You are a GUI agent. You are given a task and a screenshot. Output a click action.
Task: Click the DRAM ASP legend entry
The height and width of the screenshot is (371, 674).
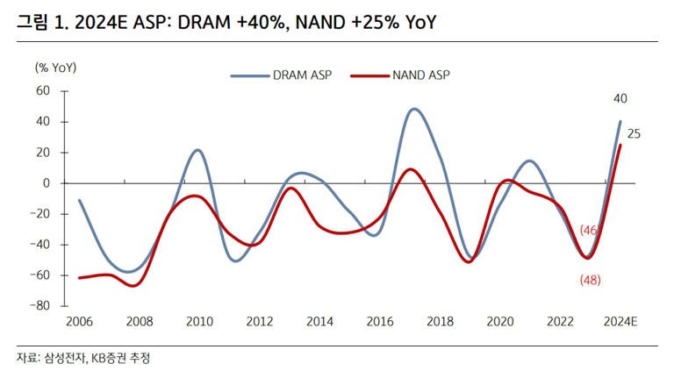281,76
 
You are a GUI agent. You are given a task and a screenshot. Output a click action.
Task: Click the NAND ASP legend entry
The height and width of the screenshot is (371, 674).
399,76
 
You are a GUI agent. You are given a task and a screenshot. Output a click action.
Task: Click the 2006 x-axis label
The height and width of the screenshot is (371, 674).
79,322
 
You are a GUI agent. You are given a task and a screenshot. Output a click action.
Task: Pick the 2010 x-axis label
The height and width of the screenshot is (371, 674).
199,322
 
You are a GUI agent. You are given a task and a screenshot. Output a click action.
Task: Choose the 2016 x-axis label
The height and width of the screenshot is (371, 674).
379,322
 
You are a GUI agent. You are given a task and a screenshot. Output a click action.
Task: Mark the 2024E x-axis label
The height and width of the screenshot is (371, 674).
620,322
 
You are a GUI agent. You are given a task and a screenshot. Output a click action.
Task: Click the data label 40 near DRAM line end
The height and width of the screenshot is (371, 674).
620,98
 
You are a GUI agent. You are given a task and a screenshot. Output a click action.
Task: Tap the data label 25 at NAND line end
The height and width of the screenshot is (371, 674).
634,134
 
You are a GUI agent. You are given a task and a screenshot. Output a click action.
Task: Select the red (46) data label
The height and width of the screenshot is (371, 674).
590,230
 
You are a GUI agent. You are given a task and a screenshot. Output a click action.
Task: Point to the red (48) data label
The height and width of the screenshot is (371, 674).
590,280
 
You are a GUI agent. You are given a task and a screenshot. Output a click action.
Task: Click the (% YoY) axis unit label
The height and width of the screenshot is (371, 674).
54,67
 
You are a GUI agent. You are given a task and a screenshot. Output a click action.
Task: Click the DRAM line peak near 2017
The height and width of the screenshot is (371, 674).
414,110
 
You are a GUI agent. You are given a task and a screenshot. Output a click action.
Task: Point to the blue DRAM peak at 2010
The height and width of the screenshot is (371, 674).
197,150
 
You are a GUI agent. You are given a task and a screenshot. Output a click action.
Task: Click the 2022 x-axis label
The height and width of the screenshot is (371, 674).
559,322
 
